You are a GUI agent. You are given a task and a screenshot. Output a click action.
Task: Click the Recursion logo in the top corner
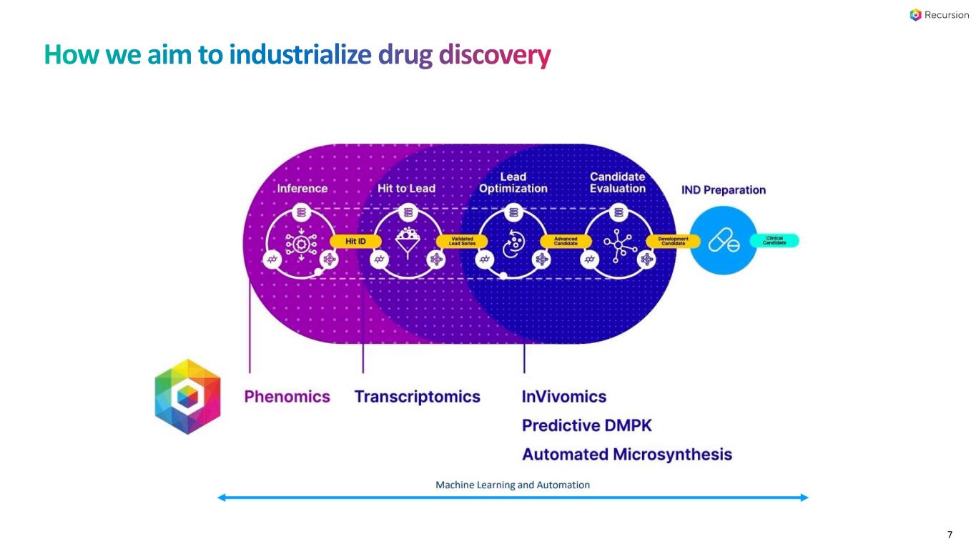point(939,15)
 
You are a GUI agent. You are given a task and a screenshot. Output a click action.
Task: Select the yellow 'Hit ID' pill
point(355,242)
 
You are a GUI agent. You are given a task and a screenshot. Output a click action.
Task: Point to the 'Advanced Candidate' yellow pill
point(566,242)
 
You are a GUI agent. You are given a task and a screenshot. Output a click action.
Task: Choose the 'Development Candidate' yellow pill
point(673,242)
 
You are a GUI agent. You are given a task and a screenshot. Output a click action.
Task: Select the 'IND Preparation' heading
point(724,190)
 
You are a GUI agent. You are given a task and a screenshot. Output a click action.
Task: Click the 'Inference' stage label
point(302,189)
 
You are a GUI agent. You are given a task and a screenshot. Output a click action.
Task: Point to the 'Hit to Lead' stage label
point(406,189)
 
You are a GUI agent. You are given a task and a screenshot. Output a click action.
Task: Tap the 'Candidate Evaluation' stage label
point(618,182)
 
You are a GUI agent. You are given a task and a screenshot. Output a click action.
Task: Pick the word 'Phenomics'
point(287,397)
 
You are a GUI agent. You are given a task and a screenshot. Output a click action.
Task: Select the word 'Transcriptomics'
point(418,397)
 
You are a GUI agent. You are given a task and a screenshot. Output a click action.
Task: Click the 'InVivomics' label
point(564,397)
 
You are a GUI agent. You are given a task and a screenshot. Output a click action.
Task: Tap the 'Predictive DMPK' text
point(587,425)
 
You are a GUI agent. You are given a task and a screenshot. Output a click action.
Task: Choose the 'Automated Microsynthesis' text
point(627,454)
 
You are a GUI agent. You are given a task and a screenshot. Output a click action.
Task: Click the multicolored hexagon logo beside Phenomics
point(188,397)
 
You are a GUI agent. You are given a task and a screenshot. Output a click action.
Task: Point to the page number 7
point(950,535)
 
